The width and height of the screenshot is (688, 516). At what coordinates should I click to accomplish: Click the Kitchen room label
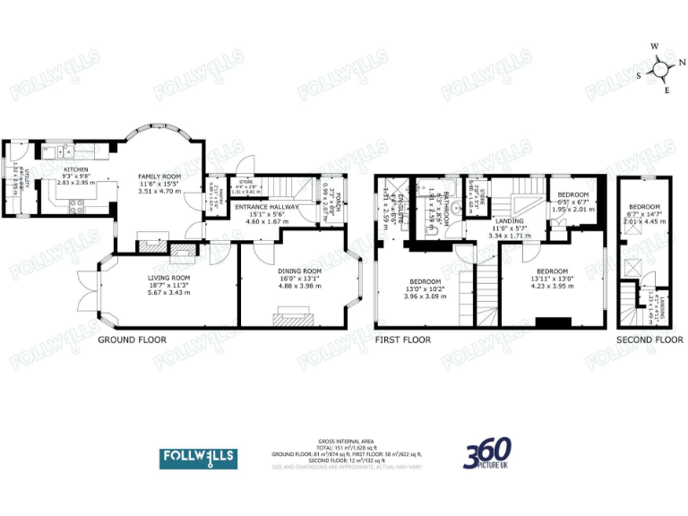(74, 168)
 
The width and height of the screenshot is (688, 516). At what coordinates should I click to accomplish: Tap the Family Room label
(159, 176)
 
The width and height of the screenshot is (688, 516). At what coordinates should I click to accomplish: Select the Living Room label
(169, 278)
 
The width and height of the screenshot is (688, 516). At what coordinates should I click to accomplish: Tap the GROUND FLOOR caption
(131, 340)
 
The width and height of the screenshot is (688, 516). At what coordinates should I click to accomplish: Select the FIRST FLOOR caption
(402, 340)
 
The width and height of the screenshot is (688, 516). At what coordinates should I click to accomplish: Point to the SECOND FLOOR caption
(649, 340)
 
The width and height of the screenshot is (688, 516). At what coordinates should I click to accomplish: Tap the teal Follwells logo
(198, 458)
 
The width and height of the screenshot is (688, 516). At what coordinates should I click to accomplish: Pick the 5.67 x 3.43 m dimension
(169, 293)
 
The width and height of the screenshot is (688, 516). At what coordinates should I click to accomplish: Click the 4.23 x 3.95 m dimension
(552, 286)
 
